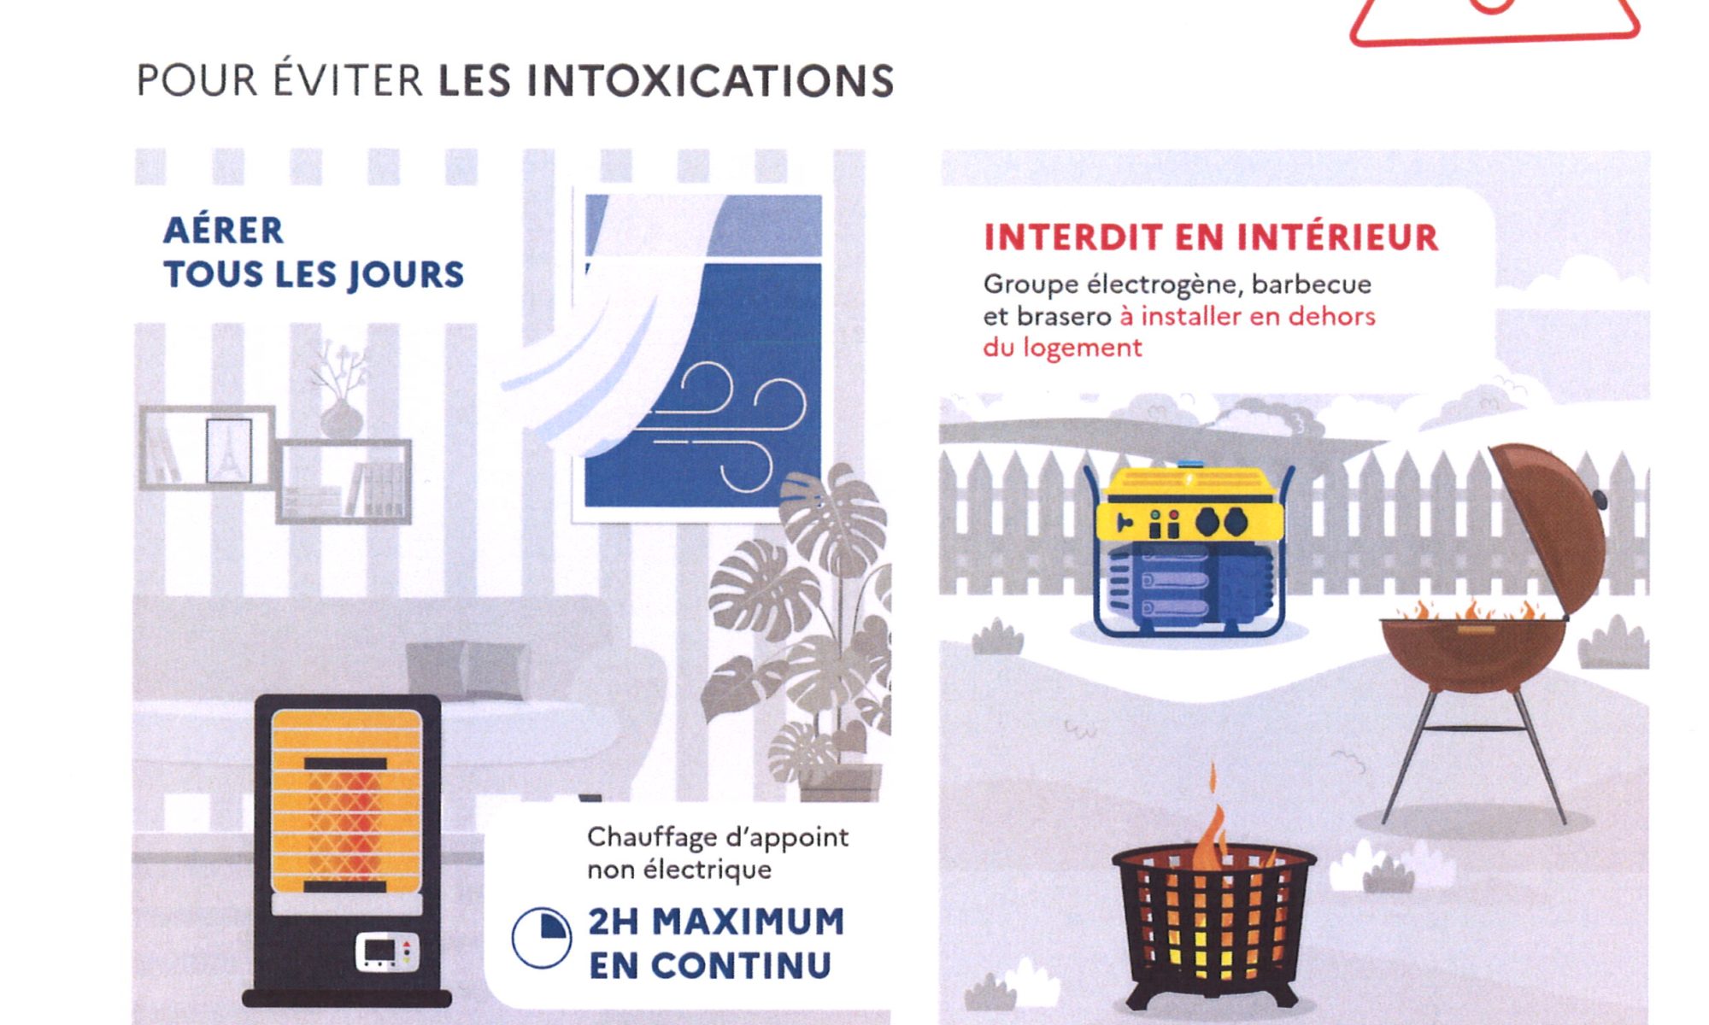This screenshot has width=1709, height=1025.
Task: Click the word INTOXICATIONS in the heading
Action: tap(710, 81)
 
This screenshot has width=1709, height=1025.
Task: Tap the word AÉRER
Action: tap(223, 230)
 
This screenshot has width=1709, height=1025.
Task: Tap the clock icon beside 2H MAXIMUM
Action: tap(541, 937)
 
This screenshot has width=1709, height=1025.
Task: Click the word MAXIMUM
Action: tap(748, 922)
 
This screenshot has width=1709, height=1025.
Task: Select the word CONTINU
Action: tap(741, 966)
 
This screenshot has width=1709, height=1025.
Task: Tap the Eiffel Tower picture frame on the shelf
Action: tap(229, 451)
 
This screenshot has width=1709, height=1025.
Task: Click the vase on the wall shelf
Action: tap(341, 418)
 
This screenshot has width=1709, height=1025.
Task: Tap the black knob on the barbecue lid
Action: tap(1600, 499)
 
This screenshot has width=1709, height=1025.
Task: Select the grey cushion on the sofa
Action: tap(467, 670)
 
